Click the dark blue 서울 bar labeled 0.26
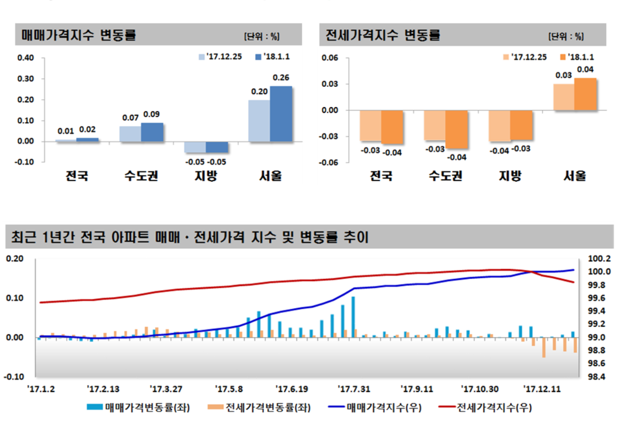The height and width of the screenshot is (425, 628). click(281, 114)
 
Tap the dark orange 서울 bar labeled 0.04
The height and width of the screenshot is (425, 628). click(585, 94)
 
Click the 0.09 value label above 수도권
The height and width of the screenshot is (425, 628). click(152, 114)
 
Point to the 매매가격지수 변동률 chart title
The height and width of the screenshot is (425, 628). click(79, 36)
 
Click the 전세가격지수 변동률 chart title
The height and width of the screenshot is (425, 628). click(383, 36)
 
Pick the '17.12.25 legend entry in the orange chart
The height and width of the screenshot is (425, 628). click(524, 57)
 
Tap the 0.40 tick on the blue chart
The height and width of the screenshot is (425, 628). click(25, 58)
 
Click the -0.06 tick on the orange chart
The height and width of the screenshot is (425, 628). click(330, 163)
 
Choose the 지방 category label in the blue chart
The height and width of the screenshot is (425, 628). click(205, 175)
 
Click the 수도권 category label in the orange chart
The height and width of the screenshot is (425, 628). click(445, 175)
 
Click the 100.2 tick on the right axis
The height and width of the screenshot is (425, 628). click(598, 259)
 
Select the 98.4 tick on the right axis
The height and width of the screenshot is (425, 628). click(598, 377)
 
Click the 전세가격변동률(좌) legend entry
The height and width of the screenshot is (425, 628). click(262, 408)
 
